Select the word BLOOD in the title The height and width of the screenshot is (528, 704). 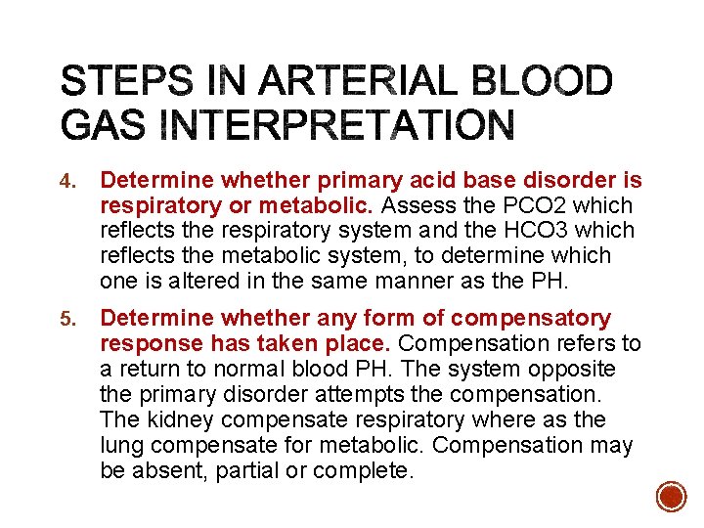pyautogui.click(x=543, y=81)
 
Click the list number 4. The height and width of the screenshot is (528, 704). pyautogui.click(x=66, y=182)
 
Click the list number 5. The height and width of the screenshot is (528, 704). pyautogui.click(x=66, y=320)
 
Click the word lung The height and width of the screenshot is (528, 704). pyautogui.click(x=121, y=446)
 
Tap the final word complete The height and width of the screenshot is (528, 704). pyautogui.click(x=367, y=471)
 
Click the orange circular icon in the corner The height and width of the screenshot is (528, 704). pyautogui.click(x=672, y=496)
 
